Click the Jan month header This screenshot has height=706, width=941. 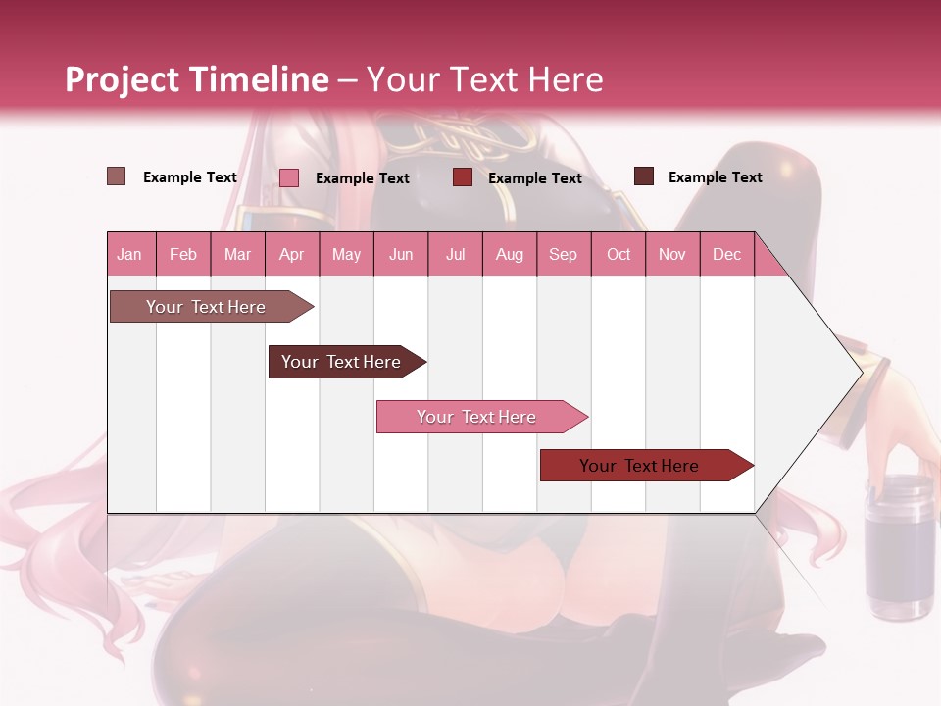129,254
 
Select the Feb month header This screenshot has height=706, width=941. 183,254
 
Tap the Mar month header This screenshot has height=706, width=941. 237,254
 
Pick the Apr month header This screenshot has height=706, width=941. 292,254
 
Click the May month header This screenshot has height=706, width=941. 346,254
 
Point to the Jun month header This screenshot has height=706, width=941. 401,254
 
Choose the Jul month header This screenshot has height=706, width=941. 455,254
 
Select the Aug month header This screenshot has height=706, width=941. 510,254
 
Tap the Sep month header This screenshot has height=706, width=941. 564,254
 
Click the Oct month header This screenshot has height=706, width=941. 619,254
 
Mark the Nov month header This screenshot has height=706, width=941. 672,254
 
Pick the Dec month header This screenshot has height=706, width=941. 726,254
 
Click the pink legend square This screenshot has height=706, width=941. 289,177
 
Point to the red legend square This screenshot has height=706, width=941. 463,177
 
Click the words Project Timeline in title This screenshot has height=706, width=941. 197,79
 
